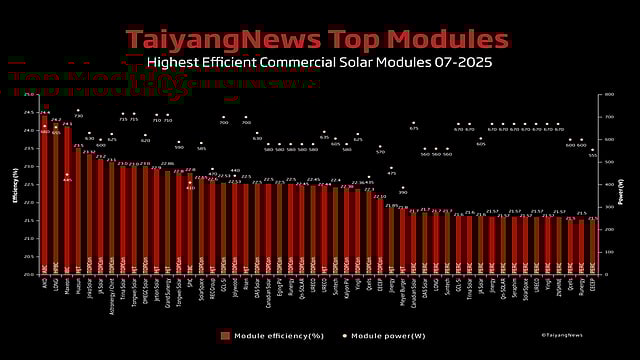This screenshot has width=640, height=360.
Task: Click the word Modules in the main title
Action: [447, 39]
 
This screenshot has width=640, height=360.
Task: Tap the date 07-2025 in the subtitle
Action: [460, 62]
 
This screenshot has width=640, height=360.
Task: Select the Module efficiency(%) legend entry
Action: [269, 335]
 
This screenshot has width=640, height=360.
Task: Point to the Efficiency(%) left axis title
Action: [15, 185]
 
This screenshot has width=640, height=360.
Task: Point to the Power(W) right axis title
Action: [623, 185]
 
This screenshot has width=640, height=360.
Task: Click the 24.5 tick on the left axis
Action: [27, 113]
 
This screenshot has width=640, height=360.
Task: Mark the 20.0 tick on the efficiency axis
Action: [27, 273]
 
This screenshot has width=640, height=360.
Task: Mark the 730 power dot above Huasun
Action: [78, 115]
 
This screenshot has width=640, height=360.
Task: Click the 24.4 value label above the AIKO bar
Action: [45, 112]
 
